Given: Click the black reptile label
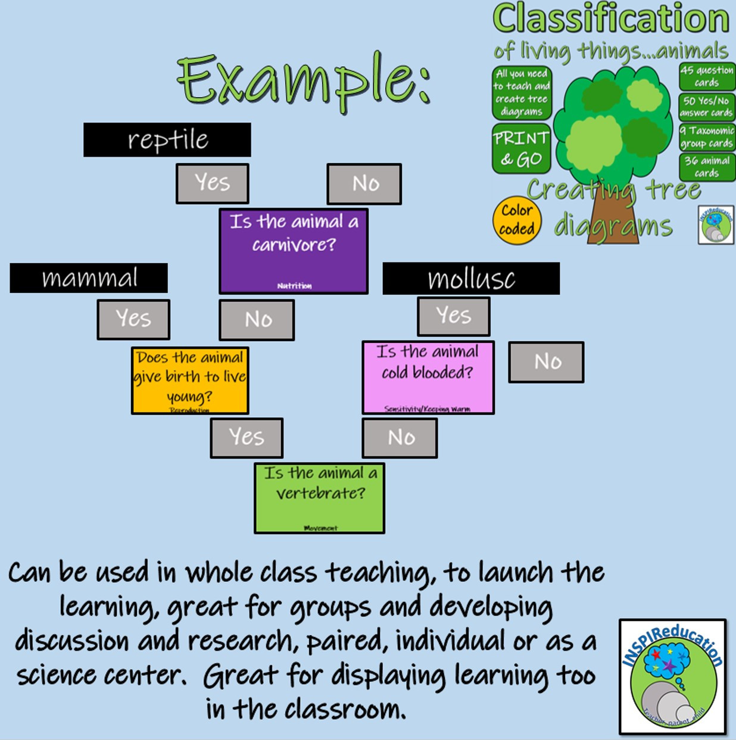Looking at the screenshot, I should [x=167, y=140].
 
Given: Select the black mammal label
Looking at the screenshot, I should [x=89, y=278].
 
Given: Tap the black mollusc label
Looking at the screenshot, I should [x=470, y=279].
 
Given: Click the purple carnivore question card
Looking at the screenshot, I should [x=294, y=251].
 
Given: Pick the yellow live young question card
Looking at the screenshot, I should [x=190, y=380].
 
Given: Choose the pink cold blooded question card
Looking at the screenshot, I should [x=428, y=377].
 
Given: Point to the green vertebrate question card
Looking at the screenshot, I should [x=319, y=498].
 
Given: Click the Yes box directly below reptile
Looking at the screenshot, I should [x=212, y=183].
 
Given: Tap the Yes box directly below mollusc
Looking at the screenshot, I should [x=453, y=316].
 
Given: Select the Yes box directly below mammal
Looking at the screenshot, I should [x=133, y=320].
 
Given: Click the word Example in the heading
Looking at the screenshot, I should [x=304, y=80].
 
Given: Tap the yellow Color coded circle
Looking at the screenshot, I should [x=516, y=220].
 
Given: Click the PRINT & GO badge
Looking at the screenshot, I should [x=521, y=148].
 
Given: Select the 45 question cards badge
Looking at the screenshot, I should [x=707, y=77].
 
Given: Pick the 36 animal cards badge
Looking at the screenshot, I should [x=707, y=167].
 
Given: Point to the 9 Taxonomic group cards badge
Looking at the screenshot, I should [x=707, y=137].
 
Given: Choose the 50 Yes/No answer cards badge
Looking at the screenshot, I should [x=707, y=107].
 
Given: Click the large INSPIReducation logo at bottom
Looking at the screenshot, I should [x=673, y=677].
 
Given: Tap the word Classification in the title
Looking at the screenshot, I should [x=610, y=19].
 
